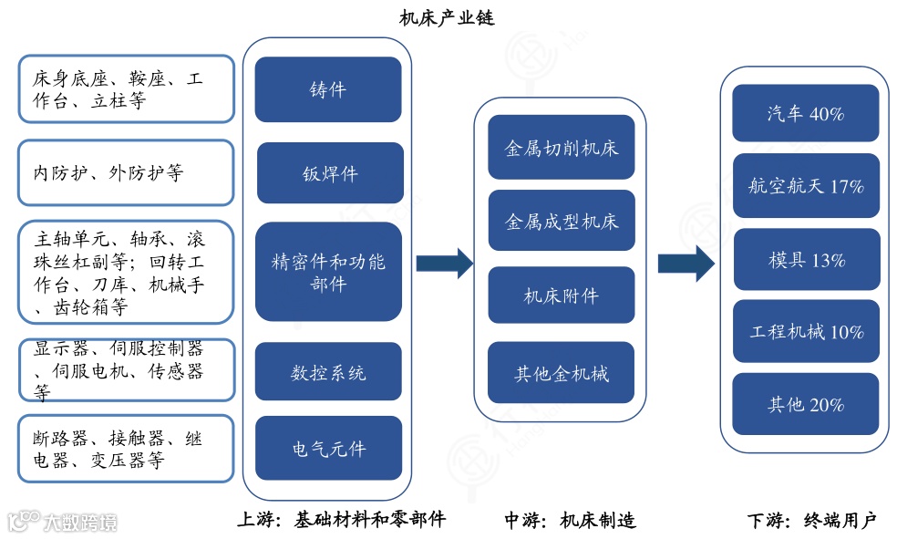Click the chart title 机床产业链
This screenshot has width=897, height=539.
tap(448, 17)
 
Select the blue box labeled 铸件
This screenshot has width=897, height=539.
tap(328, 89)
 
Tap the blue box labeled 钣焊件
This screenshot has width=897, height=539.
tap(329, 173)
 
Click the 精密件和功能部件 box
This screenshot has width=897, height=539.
tap(328, 272)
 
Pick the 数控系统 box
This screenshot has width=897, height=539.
tap(328, 372)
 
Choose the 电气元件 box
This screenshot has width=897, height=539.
tap(328, 448)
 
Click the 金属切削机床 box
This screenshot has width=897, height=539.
tap(561, 147)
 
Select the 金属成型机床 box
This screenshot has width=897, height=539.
tap(561, 221)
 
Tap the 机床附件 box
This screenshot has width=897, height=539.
tap(561, 295)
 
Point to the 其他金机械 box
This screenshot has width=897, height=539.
tap(561, 373)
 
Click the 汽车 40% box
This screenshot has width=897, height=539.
tap(806, 113)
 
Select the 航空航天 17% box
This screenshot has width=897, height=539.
tap(806, 186)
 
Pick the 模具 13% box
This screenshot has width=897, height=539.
tap(806, 260)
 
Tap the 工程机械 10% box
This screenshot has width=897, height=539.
tap(806, 332)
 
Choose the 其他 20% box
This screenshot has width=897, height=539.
tap(806, 404)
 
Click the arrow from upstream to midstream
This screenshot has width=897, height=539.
tap(444, 264)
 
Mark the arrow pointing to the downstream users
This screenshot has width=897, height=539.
tap(686, 264)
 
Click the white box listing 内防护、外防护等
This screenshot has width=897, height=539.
tap(126, 172)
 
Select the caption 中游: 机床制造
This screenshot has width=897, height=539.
tap(570, 521)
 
